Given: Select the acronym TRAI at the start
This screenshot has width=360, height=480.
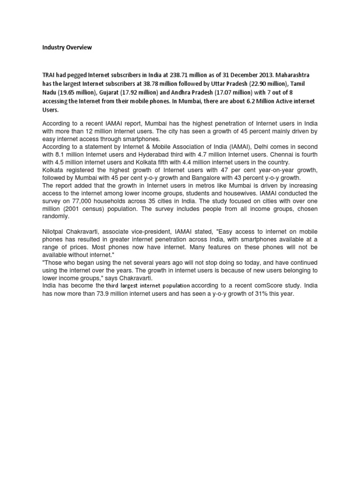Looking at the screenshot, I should pyautogui.click(x=48, y=75).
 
